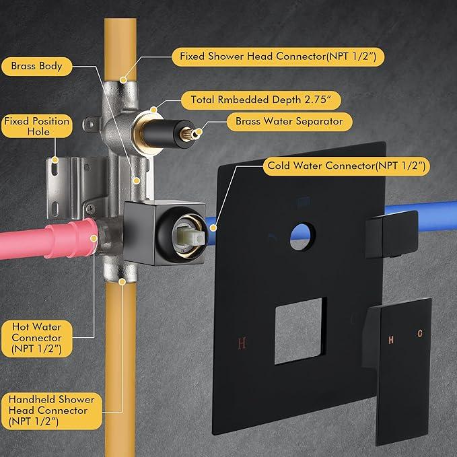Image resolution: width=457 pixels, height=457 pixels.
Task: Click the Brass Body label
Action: (x=37, y=67)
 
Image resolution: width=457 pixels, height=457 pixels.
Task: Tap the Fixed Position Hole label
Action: (x=37, y=127)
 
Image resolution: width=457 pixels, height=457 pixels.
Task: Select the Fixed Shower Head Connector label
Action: (x=278, y=57)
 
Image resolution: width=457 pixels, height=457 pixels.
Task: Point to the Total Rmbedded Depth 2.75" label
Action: (x=261, y=100)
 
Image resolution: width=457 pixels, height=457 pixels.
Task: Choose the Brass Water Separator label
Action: (x=289, y=122)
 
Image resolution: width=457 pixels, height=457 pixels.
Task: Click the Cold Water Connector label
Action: (x=347, y=166)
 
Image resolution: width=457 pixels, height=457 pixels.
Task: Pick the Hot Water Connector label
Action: (x=37, y=339)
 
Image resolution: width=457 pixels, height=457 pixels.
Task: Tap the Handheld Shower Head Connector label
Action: (x=52, y=411)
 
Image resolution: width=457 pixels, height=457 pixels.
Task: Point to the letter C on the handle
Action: (x=420, y=333)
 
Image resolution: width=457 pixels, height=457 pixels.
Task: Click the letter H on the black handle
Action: (x=391, y=339)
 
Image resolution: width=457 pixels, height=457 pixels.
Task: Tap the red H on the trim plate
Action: (x=242, y=343)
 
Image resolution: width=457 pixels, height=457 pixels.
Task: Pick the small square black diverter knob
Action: (x=392, y=235)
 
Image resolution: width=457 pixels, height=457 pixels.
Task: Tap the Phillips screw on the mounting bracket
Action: (x=91, y=209)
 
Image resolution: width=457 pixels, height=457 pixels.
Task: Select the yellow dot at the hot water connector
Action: (x=94, y=239)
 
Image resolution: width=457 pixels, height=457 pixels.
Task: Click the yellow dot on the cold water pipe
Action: (x=213, y=228)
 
